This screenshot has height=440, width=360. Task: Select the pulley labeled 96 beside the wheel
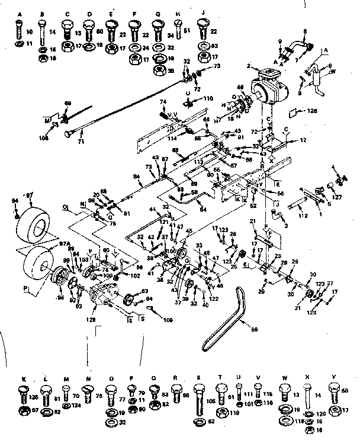click(60, 279)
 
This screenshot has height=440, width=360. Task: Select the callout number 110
click(208, 98)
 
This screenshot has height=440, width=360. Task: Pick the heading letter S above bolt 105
click(198, 377)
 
